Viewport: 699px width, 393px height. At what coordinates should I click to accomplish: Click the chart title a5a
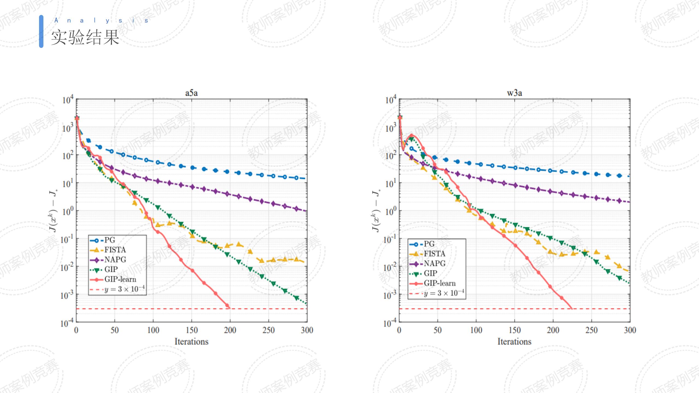(191, 93)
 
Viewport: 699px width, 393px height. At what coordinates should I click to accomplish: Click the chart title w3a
(514, 93)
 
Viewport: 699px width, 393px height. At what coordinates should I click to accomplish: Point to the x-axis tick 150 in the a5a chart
(192, 330)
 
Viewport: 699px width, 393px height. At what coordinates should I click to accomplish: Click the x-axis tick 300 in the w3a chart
(630, 330)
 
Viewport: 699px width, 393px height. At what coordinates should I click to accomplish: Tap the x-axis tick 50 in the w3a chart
(437, 330)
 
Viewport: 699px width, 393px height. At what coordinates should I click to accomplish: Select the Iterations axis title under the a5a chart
(191, 342)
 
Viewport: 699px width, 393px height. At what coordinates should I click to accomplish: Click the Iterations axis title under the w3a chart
(514, 342)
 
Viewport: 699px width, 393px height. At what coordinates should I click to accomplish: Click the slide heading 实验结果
(85, 37)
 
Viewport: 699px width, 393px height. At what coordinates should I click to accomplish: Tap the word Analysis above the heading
(101, 20)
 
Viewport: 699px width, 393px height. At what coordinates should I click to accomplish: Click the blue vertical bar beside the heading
(41, 31)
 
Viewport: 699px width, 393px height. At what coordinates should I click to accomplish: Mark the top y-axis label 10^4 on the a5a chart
(68, 100)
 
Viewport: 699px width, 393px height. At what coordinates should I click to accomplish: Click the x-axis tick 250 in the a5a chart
(268, 330)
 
